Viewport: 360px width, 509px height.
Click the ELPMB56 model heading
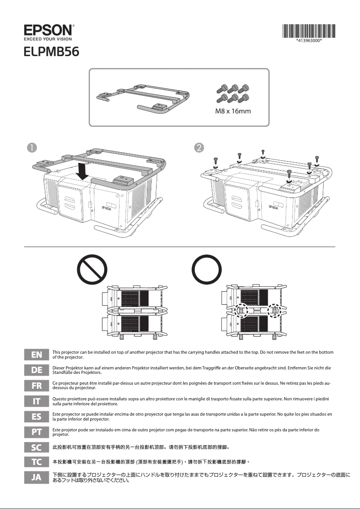point(52,52)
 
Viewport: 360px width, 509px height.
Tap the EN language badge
point(36,355)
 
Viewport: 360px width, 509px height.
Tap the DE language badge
point(36,370)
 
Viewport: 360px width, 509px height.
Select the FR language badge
point(36,386)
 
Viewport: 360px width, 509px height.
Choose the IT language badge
point(36,401)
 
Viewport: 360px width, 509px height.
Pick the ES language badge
point(36,417)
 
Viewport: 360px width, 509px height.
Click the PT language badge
point(36,432)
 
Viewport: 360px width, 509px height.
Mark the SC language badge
point(36,447)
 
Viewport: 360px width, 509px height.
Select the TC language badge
point(36,461)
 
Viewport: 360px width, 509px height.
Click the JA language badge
point(36,478)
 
